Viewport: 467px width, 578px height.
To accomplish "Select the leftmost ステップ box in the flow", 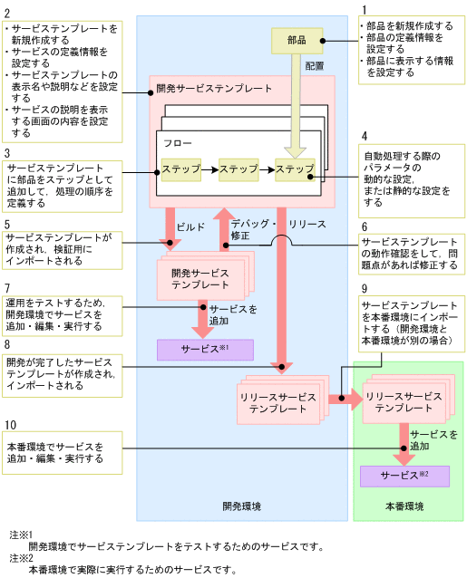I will (x=180, y=169).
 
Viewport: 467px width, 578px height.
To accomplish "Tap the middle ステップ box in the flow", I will (x=238, y=169).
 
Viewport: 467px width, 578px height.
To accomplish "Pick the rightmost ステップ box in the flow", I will (x=296, y=169).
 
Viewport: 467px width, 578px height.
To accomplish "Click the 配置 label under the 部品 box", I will (x=315, y=66).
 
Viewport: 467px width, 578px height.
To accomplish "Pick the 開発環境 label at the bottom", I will (x=241, y=506).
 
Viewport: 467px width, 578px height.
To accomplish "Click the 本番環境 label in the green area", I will (x=404, y=506).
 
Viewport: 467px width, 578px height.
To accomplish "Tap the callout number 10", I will (x=10, y=426).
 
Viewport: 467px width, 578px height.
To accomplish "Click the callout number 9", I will (x=364, y=288).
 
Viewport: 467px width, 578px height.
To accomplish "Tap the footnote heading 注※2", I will (x=20, y=559).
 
